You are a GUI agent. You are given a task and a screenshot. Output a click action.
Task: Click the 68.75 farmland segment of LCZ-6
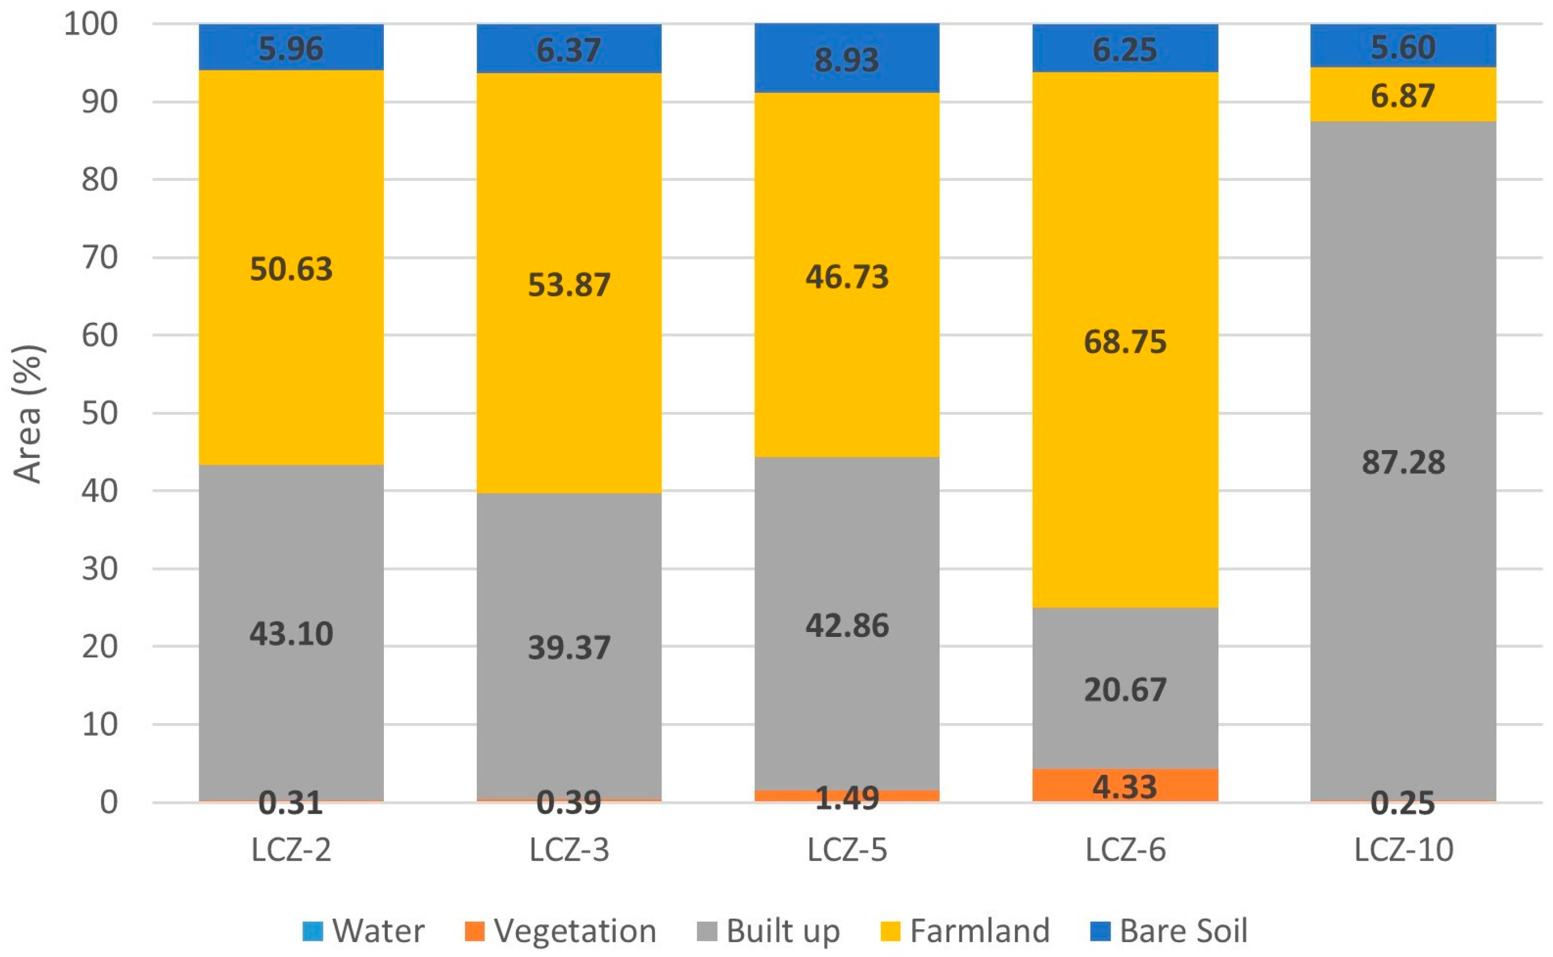[1125, 342]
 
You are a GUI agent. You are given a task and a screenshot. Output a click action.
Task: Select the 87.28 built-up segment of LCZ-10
[1403, 462]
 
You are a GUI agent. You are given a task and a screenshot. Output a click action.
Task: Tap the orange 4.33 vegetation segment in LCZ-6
[1125, 786]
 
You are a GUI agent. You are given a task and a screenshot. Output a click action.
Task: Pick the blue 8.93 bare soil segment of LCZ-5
[846, 59]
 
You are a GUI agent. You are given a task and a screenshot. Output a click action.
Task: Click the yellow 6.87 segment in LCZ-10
[1403, 95]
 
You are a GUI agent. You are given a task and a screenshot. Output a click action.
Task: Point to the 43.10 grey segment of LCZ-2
[291, 634]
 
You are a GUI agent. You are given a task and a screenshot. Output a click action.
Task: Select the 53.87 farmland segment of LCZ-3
[569, 284]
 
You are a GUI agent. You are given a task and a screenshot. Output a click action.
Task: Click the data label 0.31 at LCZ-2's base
[291, 803]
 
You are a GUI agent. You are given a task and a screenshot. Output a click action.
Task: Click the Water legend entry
[364, 931]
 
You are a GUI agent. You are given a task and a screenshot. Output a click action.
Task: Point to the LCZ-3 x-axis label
[569, 849]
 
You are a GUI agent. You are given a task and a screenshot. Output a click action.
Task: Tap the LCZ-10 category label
[1403, 849]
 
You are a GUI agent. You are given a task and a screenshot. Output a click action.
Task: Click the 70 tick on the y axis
[100, 258]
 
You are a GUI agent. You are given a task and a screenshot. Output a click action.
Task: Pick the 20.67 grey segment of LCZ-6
[1125, 689]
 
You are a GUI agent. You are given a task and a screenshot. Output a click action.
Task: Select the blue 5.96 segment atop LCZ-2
[291, 48]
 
